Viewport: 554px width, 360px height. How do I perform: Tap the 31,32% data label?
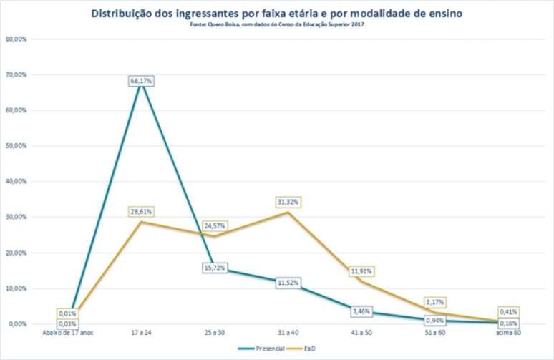tap(286, 202)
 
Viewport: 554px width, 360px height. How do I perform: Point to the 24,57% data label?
tap(214, 226)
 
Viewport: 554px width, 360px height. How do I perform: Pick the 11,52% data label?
tap(286, 283)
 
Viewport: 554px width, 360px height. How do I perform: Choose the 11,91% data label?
tap(361, 272)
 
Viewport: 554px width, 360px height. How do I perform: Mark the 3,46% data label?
tap(361, 311)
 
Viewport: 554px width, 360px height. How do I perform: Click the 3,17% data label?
tap(436, 303)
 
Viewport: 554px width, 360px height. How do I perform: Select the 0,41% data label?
tap(510, 312)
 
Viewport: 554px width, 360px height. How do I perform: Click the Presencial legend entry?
tap(259, 348)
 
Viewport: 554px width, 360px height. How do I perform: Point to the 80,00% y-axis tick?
tap(16, 39)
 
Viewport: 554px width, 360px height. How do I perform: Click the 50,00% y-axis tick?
tap(16, 146)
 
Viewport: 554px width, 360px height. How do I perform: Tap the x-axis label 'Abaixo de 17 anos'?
tap(69, 333)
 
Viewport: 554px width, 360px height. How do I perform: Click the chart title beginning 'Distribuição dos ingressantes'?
tap(277, 13)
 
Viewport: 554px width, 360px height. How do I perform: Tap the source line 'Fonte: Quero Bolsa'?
tap(277, 24)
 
